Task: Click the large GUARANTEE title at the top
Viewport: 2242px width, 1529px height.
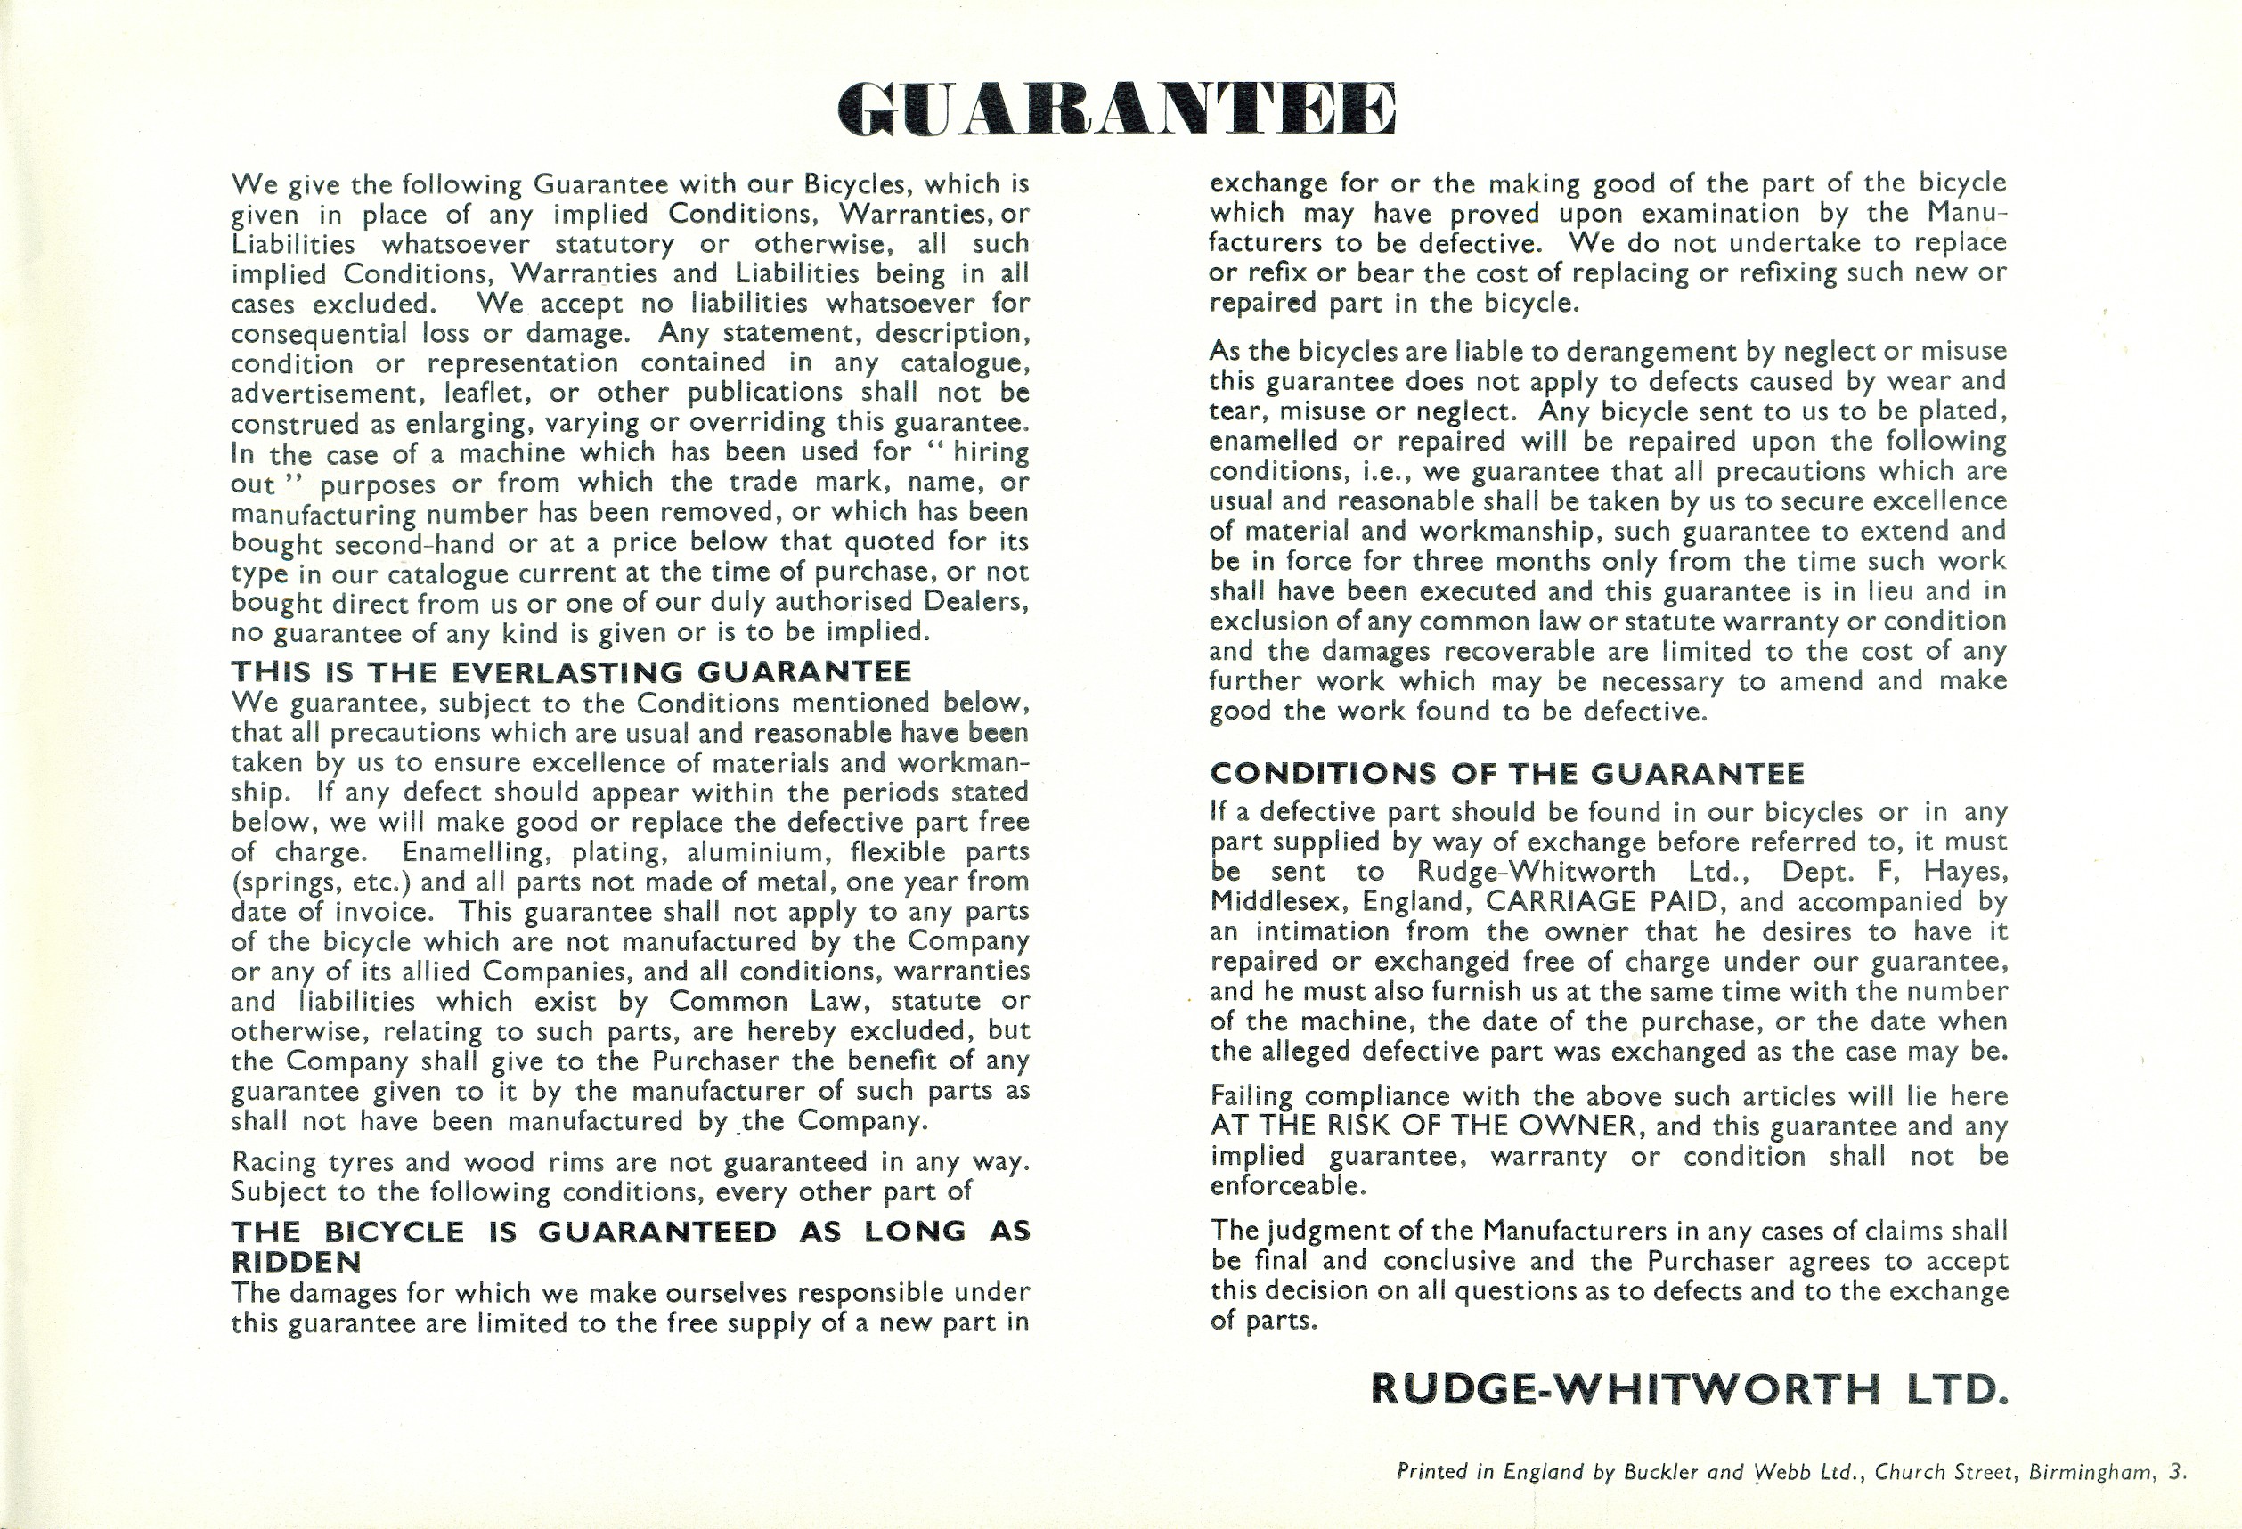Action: (1117, 109)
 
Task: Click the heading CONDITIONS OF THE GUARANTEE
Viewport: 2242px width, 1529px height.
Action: (1507, 773)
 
